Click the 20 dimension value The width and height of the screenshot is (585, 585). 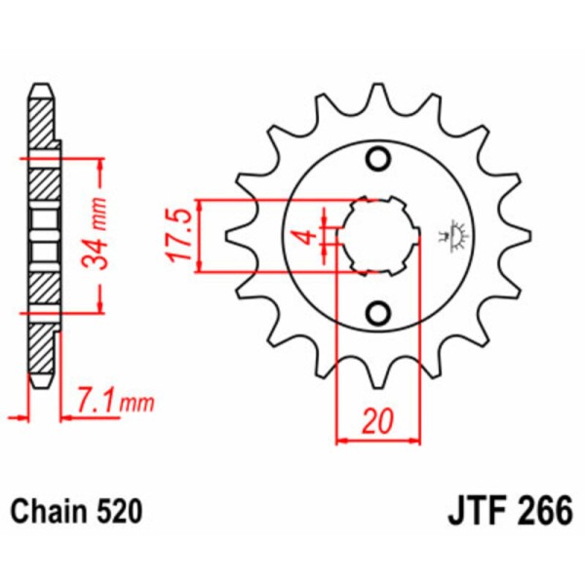pos(378,421)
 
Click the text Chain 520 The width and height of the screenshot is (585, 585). pos(77,511)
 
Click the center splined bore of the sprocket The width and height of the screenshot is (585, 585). pos(378,236)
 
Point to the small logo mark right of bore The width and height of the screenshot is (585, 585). pos(454,234)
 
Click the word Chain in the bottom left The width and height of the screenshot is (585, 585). pos(50,511)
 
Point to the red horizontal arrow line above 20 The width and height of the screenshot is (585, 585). pos(378,441)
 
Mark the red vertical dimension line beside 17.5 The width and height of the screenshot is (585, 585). pos(200,236)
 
